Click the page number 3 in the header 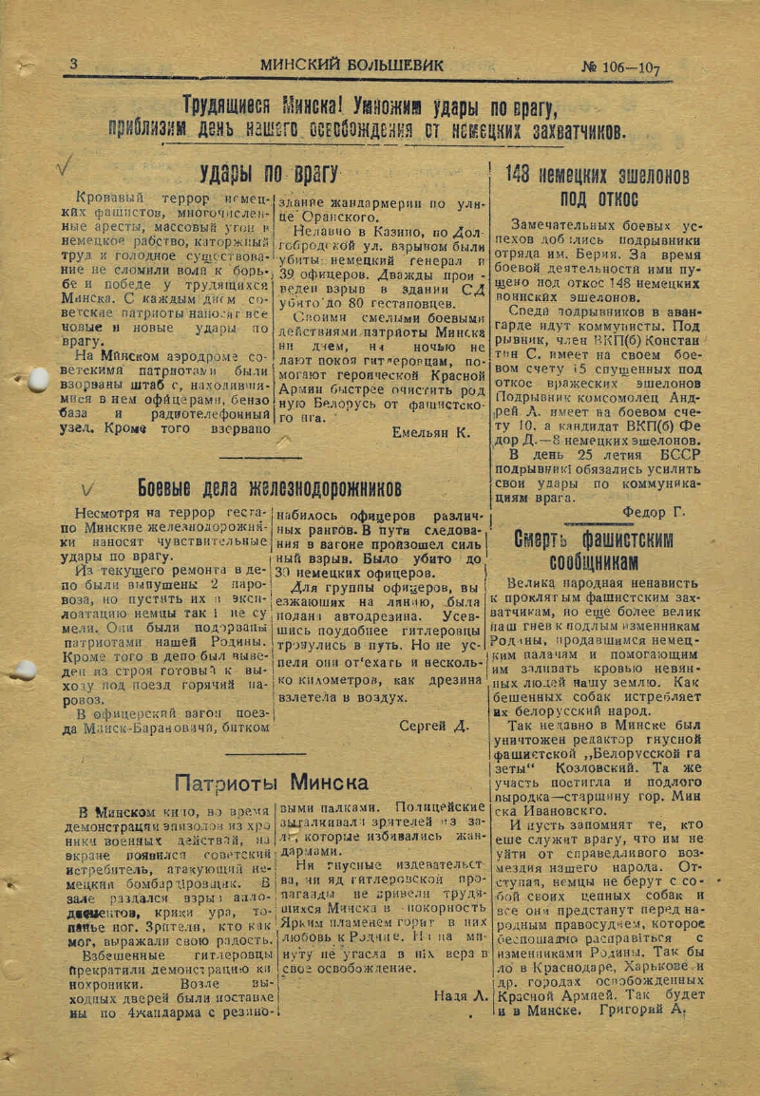click(73, 65)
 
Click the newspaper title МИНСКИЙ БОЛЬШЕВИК click(351, 66)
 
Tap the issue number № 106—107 click(620, 67)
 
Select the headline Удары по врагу click(269, 173)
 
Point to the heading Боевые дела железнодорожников click(270, 489)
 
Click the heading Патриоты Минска click(271, 783)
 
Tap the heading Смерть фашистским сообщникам click(594, 550)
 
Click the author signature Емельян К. click(430, 432)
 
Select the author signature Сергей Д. click(434, 726)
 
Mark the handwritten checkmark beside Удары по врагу click(65, 167)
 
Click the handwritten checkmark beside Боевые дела click(86, 489)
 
